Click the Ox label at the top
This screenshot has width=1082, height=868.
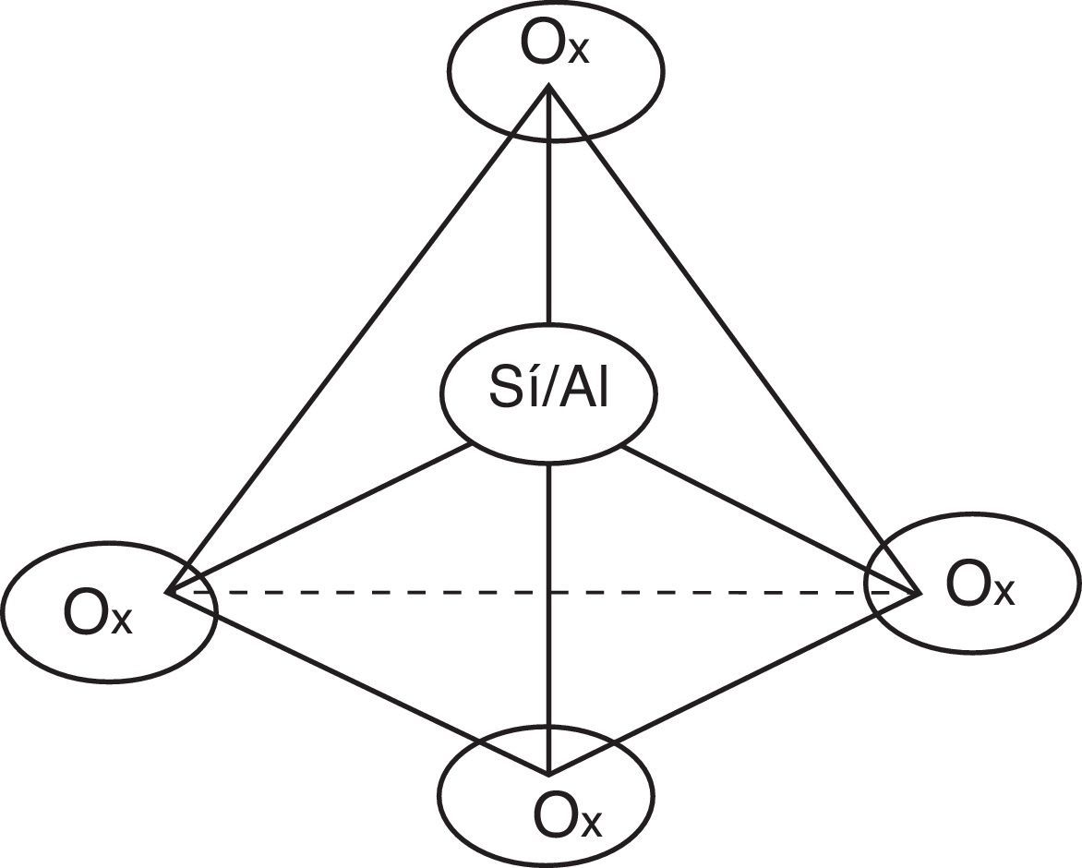pyautogui.click(x=554, y=48)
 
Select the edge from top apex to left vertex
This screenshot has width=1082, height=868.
pyautogui.click(x=360, y=337)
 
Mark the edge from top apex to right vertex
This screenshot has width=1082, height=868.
pyautogui.click(x=734, y=337)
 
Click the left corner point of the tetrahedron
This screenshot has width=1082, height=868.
pyautogui.click(x=167, y=590)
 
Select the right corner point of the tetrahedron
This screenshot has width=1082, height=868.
pyautogui.click(x=920, y=592)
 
